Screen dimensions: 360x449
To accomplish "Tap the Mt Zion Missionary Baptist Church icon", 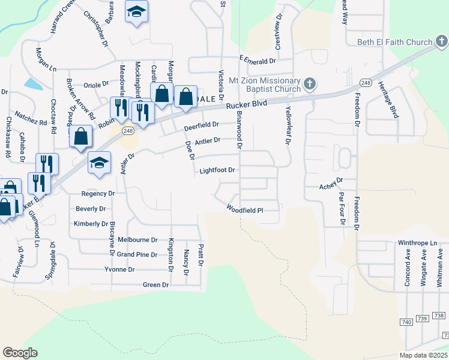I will point(310,83).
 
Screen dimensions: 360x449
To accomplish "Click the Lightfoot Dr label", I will point(216,170).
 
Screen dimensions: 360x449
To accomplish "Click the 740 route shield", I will point(406,322).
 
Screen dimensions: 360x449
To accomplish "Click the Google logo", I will point(20,352).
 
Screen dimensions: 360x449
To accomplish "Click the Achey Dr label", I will point(330,179).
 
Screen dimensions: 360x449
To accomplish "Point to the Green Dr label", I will point(155,285).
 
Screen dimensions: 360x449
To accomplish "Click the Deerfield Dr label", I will point(201,125).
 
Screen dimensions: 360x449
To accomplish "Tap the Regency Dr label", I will point(98,194).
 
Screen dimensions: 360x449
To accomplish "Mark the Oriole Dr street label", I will point(97,85).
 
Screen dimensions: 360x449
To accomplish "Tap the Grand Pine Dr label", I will point(137,254).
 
